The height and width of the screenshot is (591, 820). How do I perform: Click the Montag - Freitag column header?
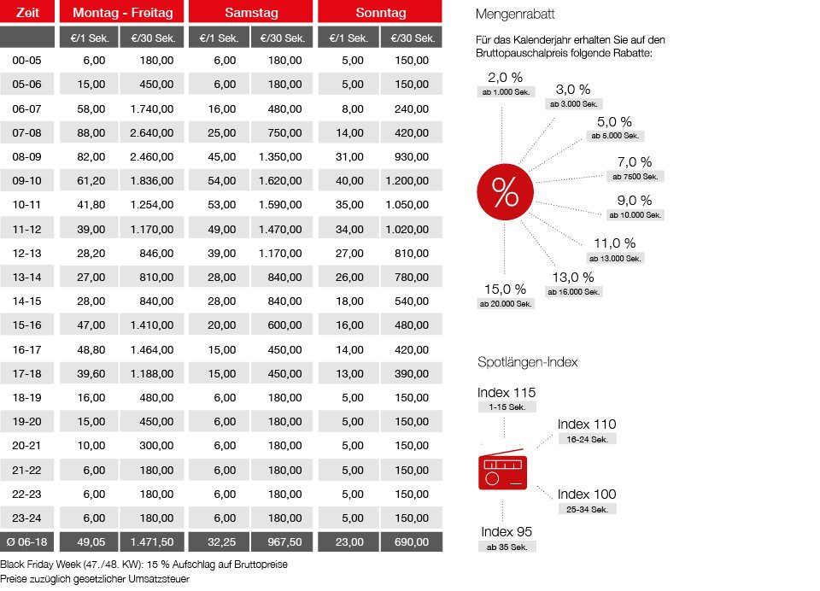click(122, 13)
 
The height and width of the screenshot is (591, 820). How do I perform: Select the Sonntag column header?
click(380, 13)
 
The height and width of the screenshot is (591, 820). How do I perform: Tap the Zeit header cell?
click(27, 13)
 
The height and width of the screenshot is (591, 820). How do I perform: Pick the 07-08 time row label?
click(27, 132)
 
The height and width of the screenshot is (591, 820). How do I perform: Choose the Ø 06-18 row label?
click(27, 542)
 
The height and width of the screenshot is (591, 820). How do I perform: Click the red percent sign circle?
click(505, 194)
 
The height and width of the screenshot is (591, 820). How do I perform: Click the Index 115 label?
click(507, 393)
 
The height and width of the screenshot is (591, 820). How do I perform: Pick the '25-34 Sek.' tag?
click(587, 509)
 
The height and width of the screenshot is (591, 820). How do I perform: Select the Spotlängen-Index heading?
click(527, 362)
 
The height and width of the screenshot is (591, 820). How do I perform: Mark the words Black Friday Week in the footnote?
click(38, 565)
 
